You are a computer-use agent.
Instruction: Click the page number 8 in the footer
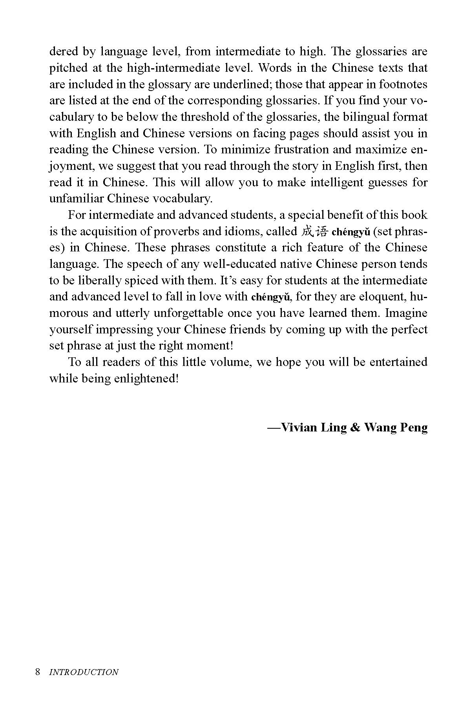37,671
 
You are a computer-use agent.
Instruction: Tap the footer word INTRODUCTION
84,672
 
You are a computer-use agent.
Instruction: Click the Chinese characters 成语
314,231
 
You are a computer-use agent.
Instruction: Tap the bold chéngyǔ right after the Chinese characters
351,232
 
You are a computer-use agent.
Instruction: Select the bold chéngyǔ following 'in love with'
271,297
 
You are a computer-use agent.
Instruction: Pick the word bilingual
364,117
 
